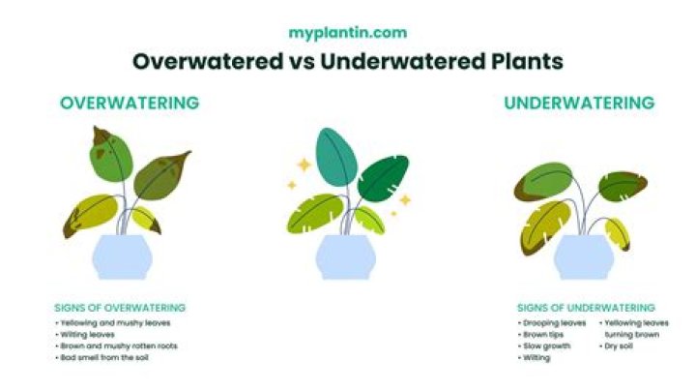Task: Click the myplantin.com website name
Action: click(x=347, y=32)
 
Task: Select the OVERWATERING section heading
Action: click(x=130, y=103)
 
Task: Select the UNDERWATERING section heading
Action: click(x=578, y=103)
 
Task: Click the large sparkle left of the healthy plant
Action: click(x=304, y=165)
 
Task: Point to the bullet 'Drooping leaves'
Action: click(x=555, y=322)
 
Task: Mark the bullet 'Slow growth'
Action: click(x=548, y=346)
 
